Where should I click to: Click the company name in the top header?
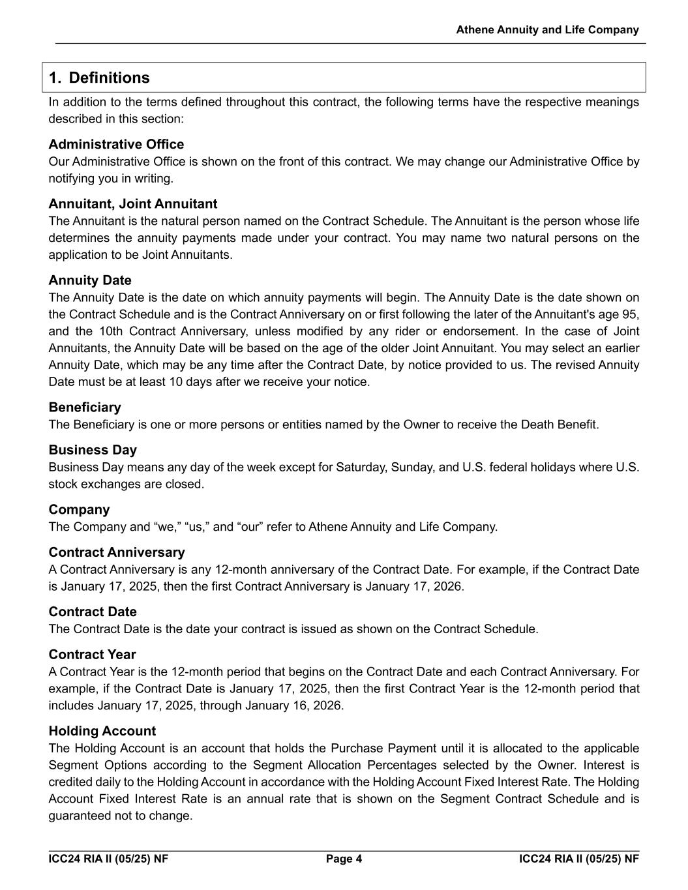pos(547,30)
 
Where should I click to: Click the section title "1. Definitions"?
pos(99,78)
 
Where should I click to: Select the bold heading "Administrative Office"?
pos(116,144)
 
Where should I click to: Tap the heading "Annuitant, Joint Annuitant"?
pos(133,203)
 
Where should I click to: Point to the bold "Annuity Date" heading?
pos(90,280)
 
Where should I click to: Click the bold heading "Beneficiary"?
pos(85,408)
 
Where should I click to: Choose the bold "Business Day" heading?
pos(93,450)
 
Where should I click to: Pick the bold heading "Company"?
pos(79,509)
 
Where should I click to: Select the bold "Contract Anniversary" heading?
pos(117,552)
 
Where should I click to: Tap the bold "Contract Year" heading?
pos(92,655)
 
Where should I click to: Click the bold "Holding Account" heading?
pos(102,731)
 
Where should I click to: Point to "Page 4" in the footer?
pos(344,859)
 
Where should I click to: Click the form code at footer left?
pos(108,859)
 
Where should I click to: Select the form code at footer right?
pos(579,859)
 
